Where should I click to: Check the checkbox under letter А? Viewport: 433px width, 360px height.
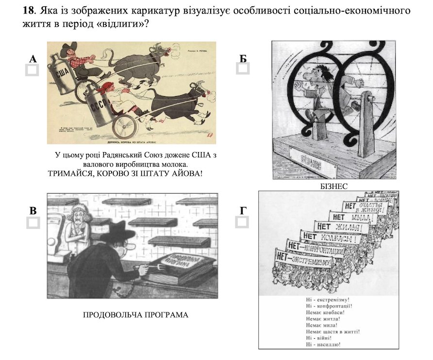point(32,70)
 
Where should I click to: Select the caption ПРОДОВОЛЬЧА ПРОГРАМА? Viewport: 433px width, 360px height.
point(135,315)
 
